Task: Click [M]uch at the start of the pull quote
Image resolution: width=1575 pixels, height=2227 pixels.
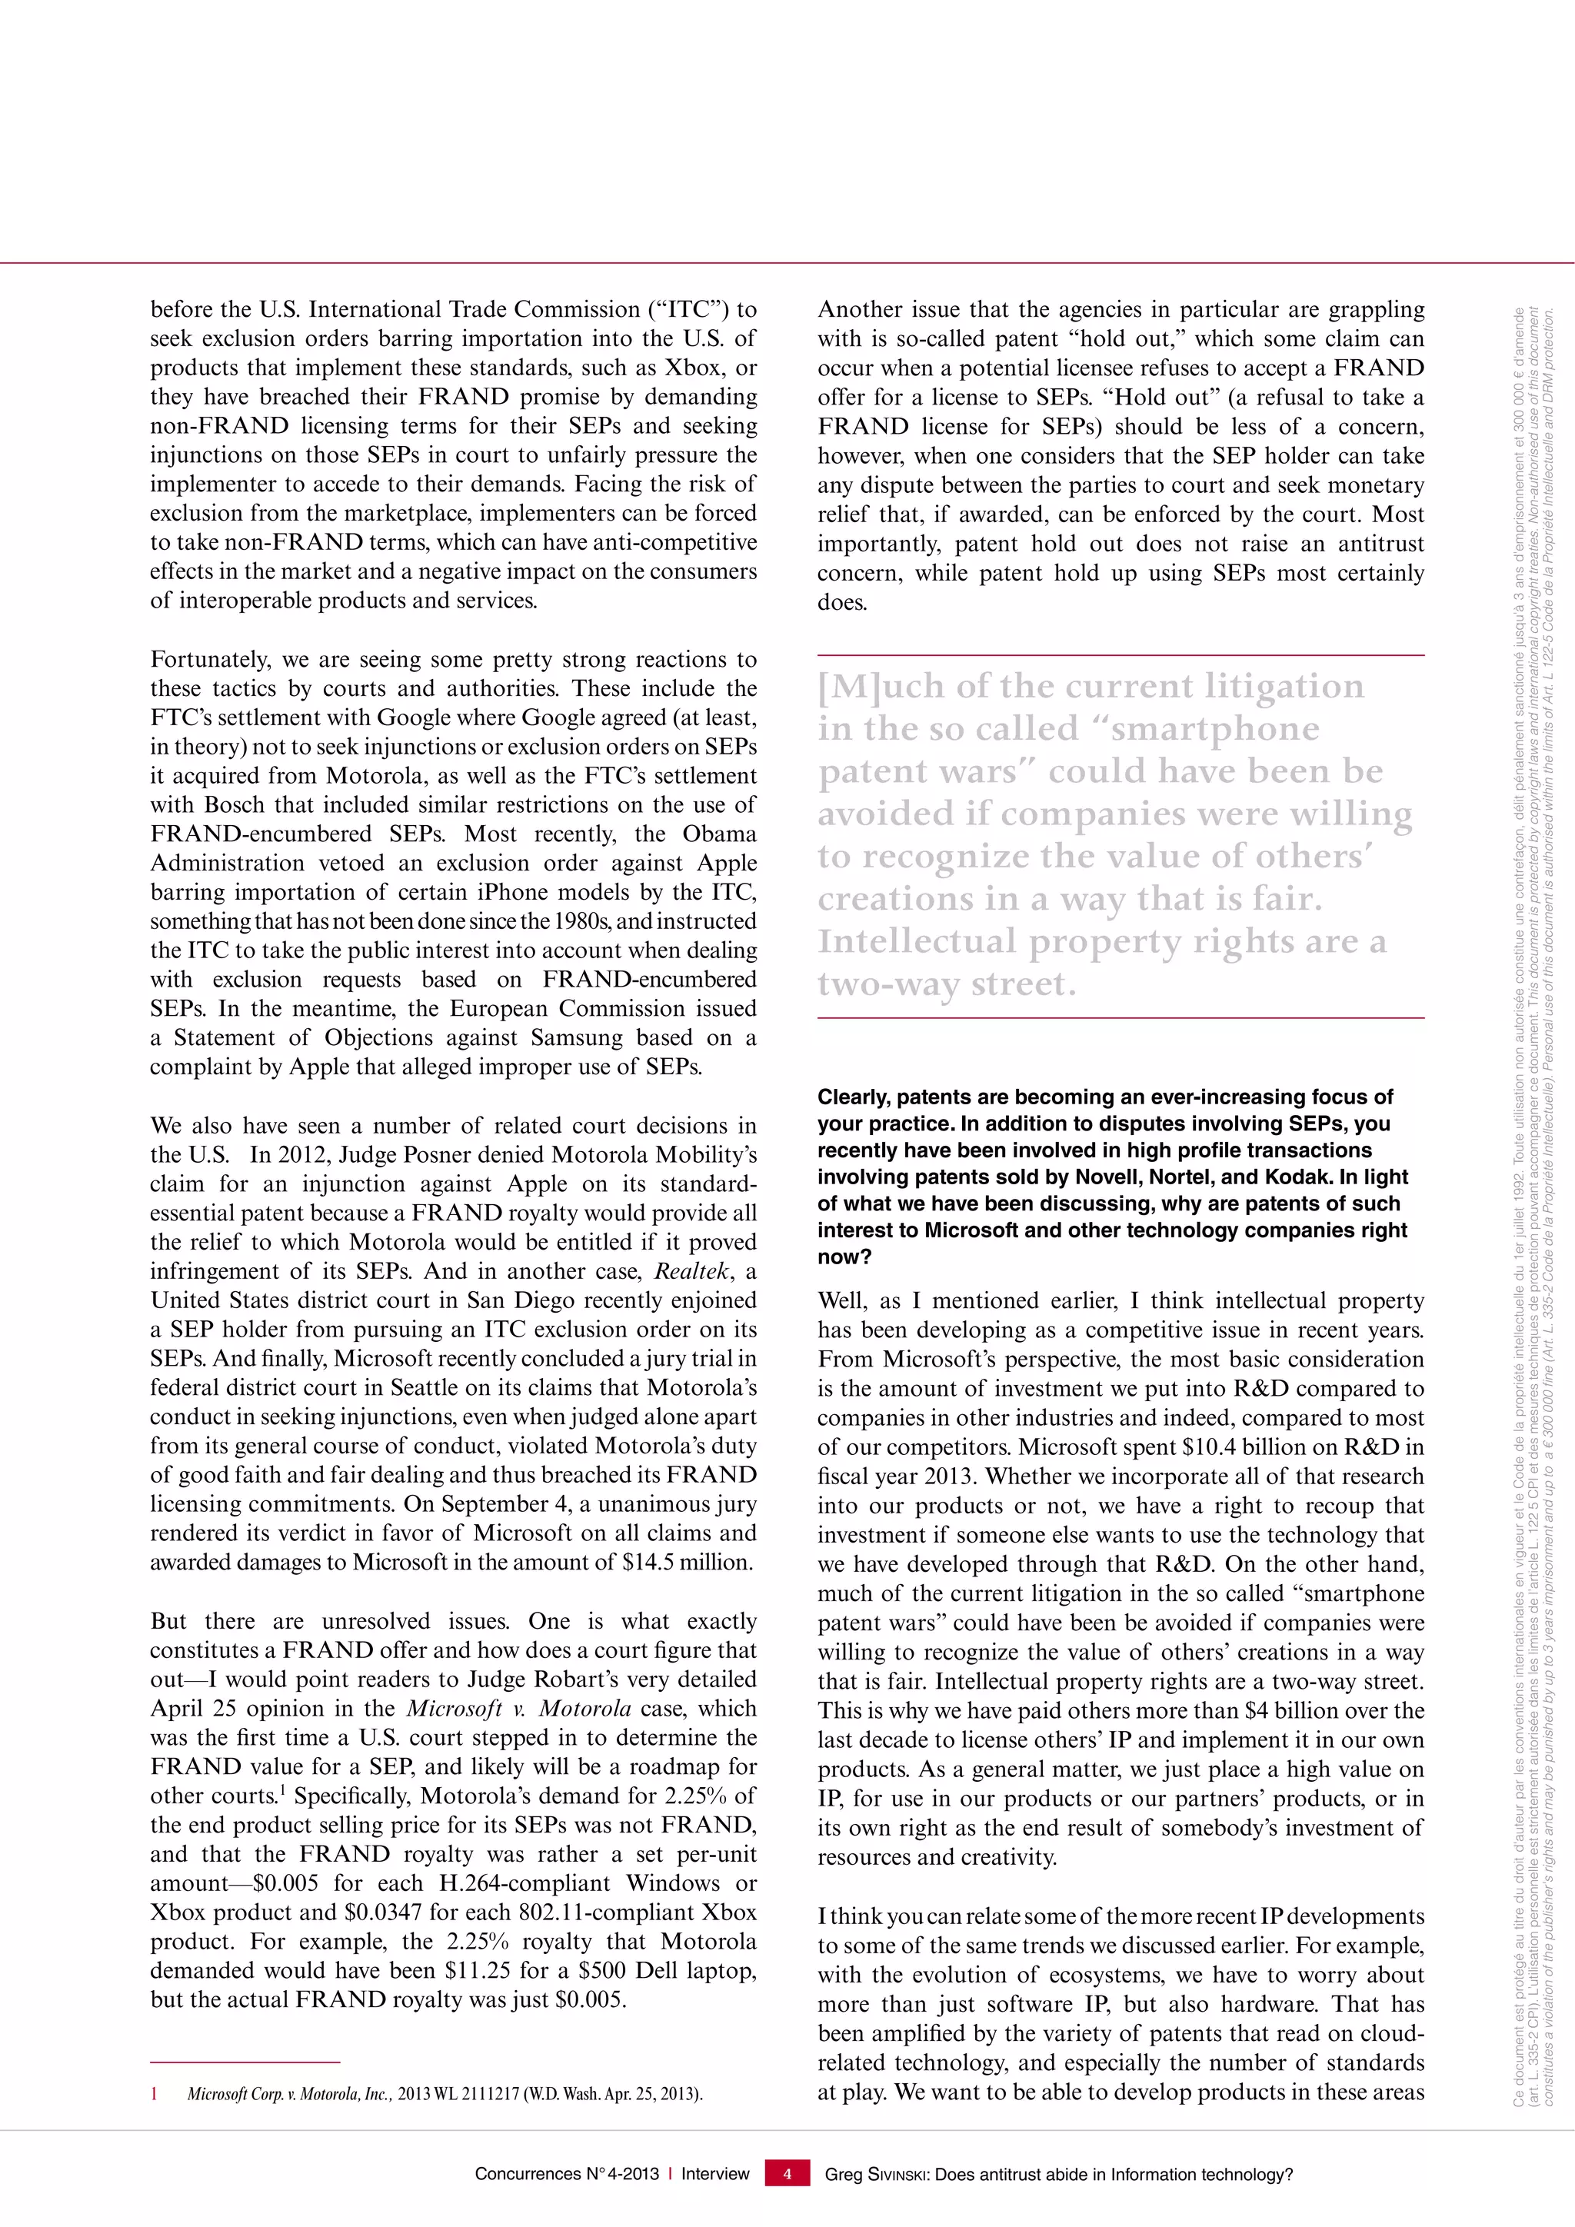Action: [x=880, y=686]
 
